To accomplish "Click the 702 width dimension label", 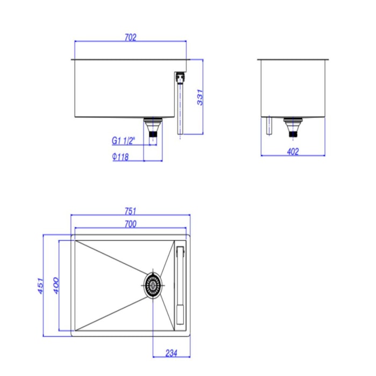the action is (x=131, y=38).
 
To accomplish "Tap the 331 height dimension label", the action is (x=200, y=97).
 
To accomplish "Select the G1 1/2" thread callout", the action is (x=124, y=141).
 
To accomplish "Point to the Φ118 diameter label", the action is (x=120, y=157).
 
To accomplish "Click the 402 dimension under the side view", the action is (x=293, y=151).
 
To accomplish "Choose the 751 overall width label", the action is (x=131, y=211).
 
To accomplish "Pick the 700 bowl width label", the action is (x=131, y=224).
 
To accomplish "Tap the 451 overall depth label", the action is (x=40, y=286).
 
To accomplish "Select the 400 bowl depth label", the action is (x=56, y=286).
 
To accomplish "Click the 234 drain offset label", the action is (x=171, y=353).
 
